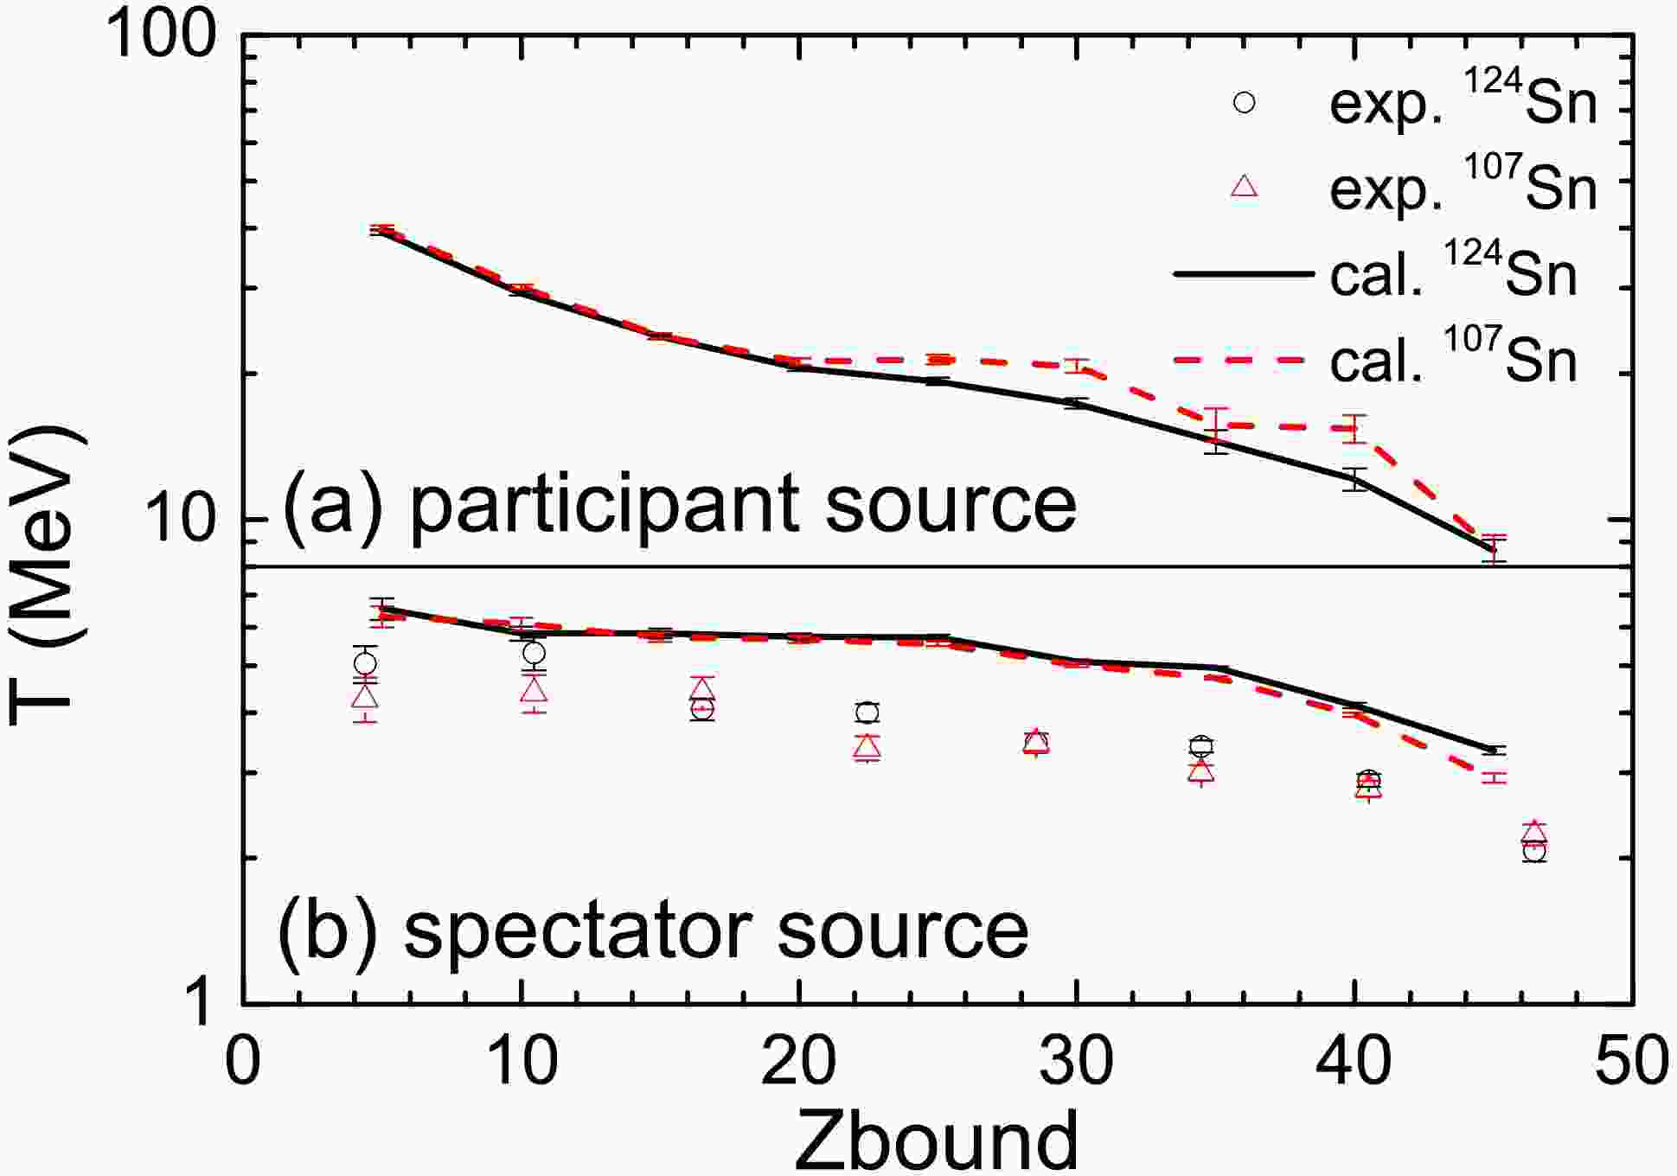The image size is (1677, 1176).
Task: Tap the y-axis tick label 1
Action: click(x=204, y=1004)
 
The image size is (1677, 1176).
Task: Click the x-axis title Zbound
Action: click(x=937, y=1139)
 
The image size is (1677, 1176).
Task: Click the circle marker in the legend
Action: click(x=1245, y=103)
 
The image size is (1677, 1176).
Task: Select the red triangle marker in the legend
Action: click(x=1245, y=186)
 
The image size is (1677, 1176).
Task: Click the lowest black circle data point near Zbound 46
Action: click(x=1534, y=852)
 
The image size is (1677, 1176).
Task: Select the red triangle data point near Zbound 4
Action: click(x=365, y=696)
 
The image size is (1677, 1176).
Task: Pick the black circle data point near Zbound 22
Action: click(x=867, y=713)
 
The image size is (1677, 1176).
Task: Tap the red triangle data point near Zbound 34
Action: click(x=1200, y=770)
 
